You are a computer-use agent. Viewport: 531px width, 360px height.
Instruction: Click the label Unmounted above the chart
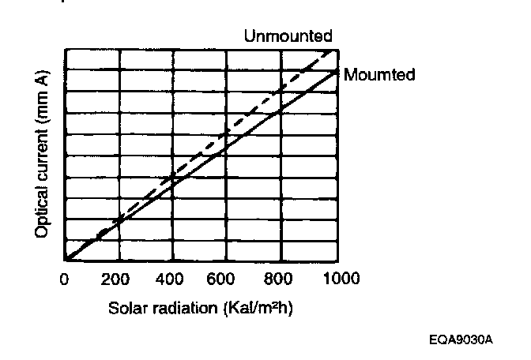click(x=287, y=36)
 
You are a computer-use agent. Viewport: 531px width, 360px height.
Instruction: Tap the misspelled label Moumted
click(x=378, y=75)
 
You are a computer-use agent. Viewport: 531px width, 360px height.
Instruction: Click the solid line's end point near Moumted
click(x=337, y=72)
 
